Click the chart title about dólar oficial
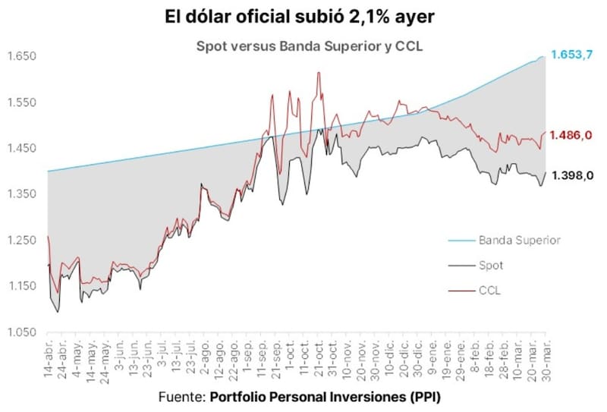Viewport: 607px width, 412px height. click(x=303, y=17)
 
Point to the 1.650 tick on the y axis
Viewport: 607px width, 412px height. click(x=22, y=56)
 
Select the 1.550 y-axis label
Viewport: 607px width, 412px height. click(x=22, y=102)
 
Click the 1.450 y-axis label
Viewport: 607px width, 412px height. click(x=22, y=148)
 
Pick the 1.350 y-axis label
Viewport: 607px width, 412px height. click(x=22, y=194)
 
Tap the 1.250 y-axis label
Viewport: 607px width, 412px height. click(x=22, y=241)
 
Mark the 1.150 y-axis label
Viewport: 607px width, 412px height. click(x=22, y=286)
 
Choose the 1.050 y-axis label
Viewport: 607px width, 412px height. click(x=22, y=332)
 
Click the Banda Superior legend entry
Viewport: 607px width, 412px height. click(x=519, y=241)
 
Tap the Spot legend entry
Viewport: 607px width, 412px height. click(x=490, y=266)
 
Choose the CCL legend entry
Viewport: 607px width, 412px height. click(x=489, y=290)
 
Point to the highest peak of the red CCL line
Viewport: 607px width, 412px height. click(x=319, y=73)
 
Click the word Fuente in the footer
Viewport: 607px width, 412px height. click(x=181, y=398)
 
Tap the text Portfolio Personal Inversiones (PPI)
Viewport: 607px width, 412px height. click(x=325, y=398)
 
